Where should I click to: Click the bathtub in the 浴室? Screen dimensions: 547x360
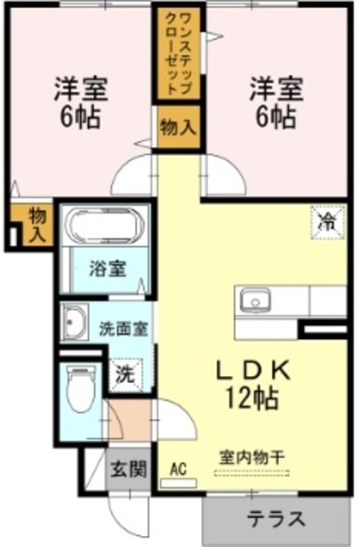point(105,226)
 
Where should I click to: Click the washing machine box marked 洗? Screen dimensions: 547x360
point(124,373)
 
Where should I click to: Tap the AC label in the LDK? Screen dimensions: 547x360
point(178,468)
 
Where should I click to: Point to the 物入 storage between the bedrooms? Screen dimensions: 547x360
point(178,128)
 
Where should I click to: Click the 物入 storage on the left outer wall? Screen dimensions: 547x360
point(35,224)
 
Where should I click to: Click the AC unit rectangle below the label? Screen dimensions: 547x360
point(179,483)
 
